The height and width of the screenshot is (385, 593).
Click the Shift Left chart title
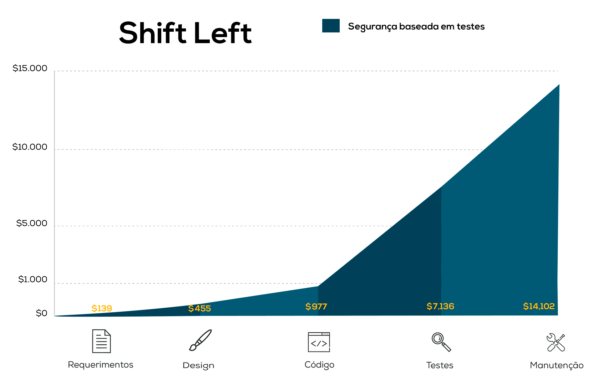(x=185, y=33)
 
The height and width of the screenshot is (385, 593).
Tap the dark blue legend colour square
(x=331, y=26)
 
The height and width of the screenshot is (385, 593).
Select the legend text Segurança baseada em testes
(x=416, y=27)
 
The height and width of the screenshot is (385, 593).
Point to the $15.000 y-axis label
(x=30, y=68)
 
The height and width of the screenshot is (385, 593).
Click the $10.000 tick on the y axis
(x=30, y=147)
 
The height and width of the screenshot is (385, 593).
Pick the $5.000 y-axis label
(x=32, y=223)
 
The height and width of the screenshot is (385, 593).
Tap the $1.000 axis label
(x=33, y=279)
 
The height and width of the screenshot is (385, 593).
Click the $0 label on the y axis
(x=41, y=313)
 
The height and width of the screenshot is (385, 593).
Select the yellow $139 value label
(x=102, y=308)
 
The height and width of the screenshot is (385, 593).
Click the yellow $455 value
(x=199, y=309)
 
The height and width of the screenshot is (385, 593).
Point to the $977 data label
(x=316, y=307)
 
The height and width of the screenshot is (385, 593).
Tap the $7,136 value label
(x=440, y=306)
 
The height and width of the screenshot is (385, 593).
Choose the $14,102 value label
(x=539, y=306)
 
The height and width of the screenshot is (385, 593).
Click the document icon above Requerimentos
(x=101, y=341)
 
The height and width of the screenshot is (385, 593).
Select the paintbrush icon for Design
(x=200, y=340)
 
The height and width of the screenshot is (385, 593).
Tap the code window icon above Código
(x=319, y=342)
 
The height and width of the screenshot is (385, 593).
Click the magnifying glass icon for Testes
(x=441, y=342)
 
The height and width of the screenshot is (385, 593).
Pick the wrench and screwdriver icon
(x=556, y=342)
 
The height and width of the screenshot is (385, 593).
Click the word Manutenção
(x=557, y=365)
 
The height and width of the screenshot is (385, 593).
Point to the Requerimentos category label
(x=101, y=365)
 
